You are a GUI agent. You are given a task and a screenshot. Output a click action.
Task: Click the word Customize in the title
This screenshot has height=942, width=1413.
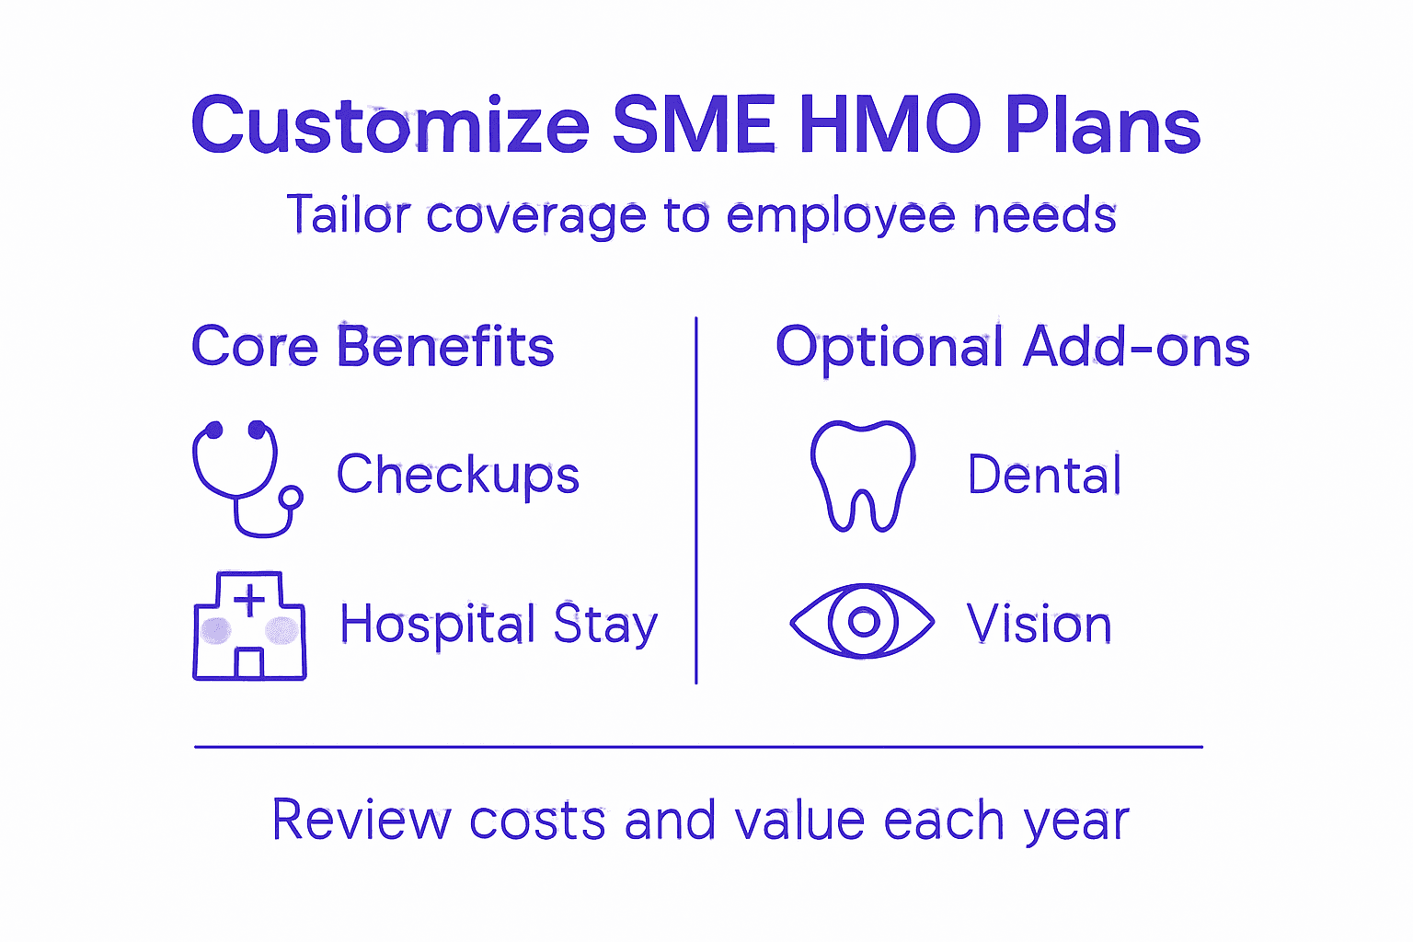click(390, 126)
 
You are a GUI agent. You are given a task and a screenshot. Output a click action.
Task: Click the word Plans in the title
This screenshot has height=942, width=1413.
click(1102, 126)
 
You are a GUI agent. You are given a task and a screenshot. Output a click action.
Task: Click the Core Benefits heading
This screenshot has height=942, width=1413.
click(373, 347)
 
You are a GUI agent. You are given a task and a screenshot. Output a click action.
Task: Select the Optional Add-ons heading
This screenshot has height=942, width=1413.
click(1012, 347)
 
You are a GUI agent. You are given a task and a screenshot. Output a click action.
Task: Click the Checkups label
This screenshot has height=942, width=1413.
click(457, 475)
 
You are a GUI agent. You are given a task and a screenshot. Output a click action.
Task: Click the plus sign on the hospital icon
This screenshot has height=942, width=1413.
click(249, 603)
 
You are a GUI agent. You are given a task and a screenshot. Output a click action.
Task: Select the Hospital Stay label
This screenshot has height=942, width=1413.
click(499, 625)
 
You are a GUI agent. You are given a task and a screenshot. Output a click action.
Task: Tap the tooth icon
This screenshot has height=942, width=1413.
click(862, 475)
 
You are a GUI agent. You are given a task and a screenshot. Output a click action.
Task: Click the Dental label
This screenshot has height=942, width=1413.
click(1044, 475)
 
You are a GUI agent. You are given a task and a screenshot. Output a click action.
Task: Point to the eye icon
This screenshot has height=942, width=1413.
click(862, 622)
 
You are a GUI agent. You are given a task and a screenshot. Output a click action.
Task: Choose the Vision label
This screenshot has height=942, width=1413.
click(1039, 624)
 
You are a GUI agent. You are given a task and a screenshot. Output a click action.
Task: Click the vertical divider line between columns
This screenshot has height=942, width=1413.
click(696, 501)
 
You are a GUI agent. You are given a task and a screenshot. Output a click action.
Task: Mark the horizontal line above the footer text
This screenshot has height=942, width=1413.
click(699, 747)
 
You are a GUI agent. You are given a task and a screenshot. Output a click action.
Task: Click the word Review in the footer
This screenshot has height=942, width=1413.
click(362, 820)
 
